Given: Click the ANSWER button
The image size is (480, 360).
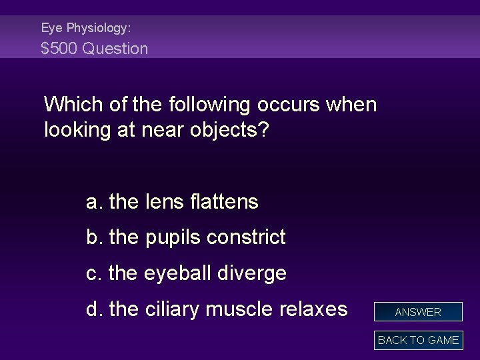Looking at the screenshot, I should pyautogui.click(x=418, y=312).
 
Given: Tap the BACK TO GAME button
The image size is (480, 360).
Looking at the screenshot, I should pyautogui.click(x=418, y=340).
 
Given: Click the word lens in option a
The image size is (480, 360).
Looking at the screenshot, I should pyautogui.click(x=161, y=201).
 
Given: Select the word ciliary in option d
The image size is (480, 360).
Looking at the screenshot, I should pyautogui.click(x=177, y=309).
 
